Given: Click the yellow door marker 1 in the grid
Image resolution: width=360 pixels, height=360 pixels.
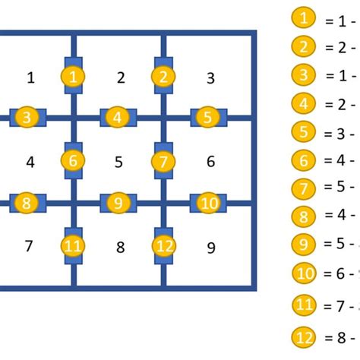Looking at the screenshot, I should tap(73, 76).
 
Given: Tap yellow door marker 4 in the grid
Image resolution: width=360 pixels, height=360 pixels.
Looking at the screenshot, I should tap(117, 117).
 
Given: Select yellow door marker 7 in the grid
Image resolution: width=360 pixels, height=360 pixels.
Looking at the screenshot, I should tap(163, 161).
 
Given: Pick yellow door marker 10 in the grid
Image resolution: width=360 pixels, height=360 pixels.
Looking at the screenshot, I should tap(209, 203).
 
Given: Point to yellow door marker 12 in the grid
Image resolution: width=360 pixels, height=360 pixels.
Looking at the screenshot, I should tap(163, 245).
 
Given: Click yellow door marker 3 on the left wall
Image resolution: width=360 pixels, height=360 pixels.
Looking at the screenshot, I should tap(27, 117).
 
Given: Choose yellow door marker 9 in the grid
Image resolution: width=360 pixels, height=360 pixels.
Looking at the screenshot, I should tap(117, 203).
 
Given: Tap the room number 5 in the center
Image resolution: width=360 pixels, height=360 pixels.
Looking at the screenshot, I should tap(118, 161).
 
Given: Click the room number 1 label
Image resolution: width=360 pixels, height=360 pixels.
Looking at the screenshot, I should tap(30, 77).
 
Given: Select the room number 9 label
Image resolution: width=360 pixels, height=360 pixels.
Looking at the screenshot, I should tap(211, 246).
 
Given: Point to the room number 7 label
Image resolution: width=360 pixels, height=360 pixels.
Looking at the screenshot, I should tap(29, 246).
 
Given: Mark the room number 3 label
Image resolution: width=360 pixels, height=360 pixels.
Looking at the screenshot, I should tap(211, 77).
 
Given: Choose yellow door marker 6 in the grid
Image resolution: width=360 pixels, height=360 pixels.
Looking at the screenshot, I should tap(73, 161).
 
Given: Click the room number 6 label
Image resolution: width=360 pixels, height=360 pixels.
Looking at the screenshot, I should tap(211, 161).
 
